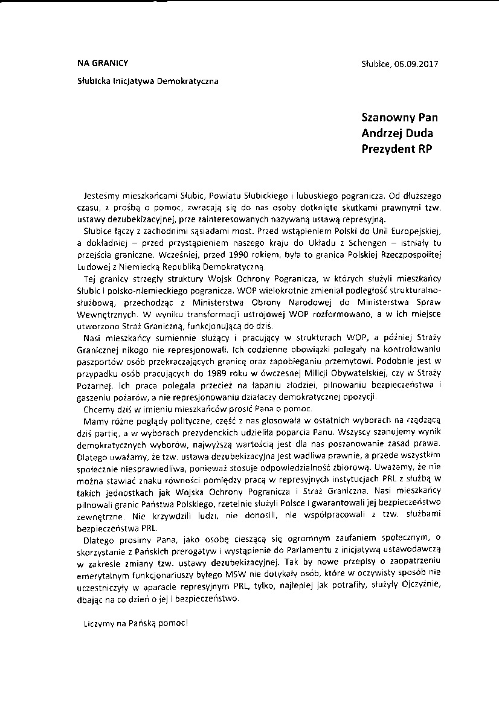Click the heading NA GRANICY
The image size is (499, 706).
[102, 63]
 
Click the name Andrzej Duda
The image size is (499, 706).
[397, 133]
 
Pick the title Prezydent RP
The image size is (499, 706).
[397, 149]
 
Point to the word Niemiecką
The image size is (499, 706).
[162, 266]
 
